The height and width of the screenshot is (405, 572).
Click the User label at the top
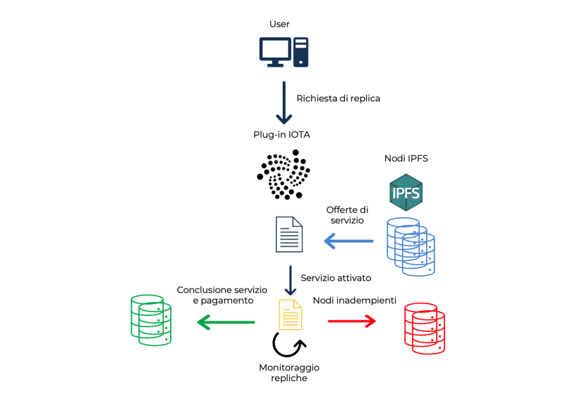(x=280, y=24)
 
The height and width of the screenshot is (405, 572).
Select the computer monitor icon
(x=275, y=52)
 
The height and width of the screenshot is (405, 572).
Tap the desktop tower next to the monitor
(x=301, y=52)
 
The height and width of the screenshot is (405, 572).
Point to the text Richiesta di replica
(x=338, y=98)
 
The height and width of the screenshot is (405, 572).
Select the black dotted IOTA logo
(x=283, y=174)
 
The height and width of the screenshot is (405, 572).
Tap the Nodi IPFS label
(x=406, y=158)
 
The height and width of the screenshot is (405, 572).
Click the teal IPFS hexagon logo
(x=406, y=192)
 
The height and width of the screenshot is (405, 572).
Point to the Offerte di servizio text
(x=347, y=215)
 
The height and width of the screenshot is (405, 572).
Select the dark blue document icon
(x=289, y=234)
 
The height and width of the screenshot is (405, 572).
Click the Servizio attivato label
(x=336, y=278)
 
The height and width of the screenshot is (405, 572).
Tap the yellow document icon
(x=290, y=314)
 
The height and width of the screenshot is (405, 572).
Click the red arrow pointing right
(x=352, y=320)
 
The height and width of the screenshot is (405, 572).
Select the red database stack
(x=424, y=329)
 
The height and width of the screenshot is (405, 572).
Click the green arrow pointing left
(x=226, y=321)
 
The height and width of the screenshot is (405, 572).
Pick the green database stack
(x=150, y=320)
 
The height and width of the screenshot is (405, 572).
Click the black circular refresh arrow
(x=289, y=345)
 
